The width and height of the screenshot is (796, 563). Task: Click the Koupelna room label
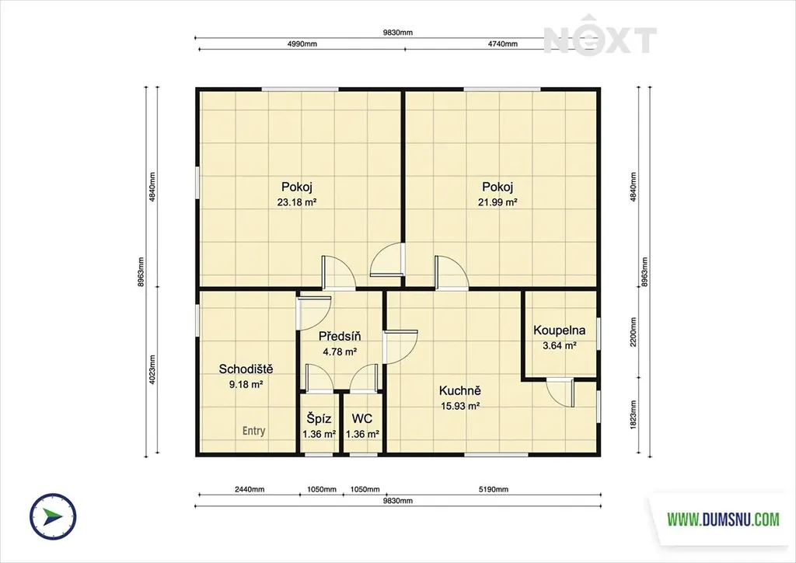coord(559,330)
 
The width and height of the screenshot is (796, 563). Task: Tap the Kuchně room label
coord(460,391)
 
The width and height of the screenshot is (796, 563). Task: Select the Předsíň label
coord(340,336)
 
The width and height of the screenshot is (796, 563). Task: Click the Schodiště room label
coord(246,369)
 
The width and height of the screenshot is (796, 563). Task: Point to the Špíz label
coord(319,419)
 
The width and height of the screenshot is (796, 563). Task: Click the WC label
coord(362,419)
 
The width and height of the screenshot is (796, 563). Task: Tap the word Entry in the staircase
coord(254,431)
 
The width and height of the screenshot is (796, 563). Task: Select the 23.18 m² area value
coord(297,202)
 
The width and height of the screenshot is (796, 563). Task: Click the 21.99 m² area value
coord(497,202)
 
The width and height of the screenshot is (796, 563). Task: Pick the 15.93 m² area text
coord(460,406)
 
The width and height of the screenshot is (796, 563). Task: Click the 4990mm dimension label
coord(302,44)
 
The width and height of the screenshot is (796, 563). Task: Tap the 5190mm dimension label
coord(494,489)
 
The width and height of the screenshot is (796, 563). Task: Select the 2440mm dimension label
coord(250,489)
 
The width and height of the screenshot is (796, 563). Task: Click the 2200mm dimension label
coord(633,332)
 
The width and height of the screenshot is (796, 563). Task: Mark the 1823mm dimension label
coord(633,415)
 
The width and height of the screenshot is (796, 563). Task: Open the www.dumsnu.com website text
coord(723,519)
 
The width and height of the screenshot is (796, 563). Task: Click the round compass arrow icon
coord(53,516)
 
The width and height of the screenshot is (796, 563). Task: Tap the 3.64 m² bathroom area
coord(560,346)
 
